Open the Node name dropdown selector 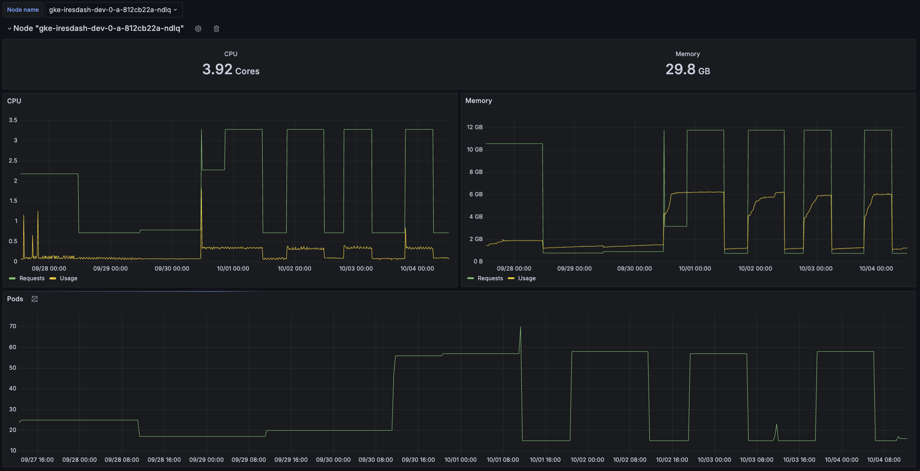click(x=113, y=10)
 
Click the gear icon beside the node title click(x=198, y=28)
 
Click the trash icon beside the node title click(x=216, y=28)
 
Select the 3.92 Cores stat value click(x=231, y=69)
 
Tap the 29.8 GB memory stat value click(x=688, y=69)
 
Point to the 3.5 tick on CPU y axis click(x=13, y=120)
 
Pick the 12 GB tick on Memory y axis click(x=475, y=128)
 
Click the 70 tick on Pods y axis click(x=13, y=326)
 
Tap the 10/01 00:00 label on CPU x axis click(x=233, y=269)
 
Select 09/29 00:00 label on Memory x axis click(x=574, y=269)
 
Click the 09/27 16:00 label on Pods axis click(x=37, y=460)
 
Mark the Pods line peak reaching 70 click(x=520, y=327)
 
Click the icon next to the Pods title click(x=34, y=299)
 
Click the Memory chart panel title click(x=478, y=101)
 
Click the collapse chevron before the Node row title click(x=9, y=28)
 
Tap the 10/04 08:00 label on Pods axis click(x=884, y=460)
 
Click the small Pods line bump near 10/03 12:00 click(x=776, y=424)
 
